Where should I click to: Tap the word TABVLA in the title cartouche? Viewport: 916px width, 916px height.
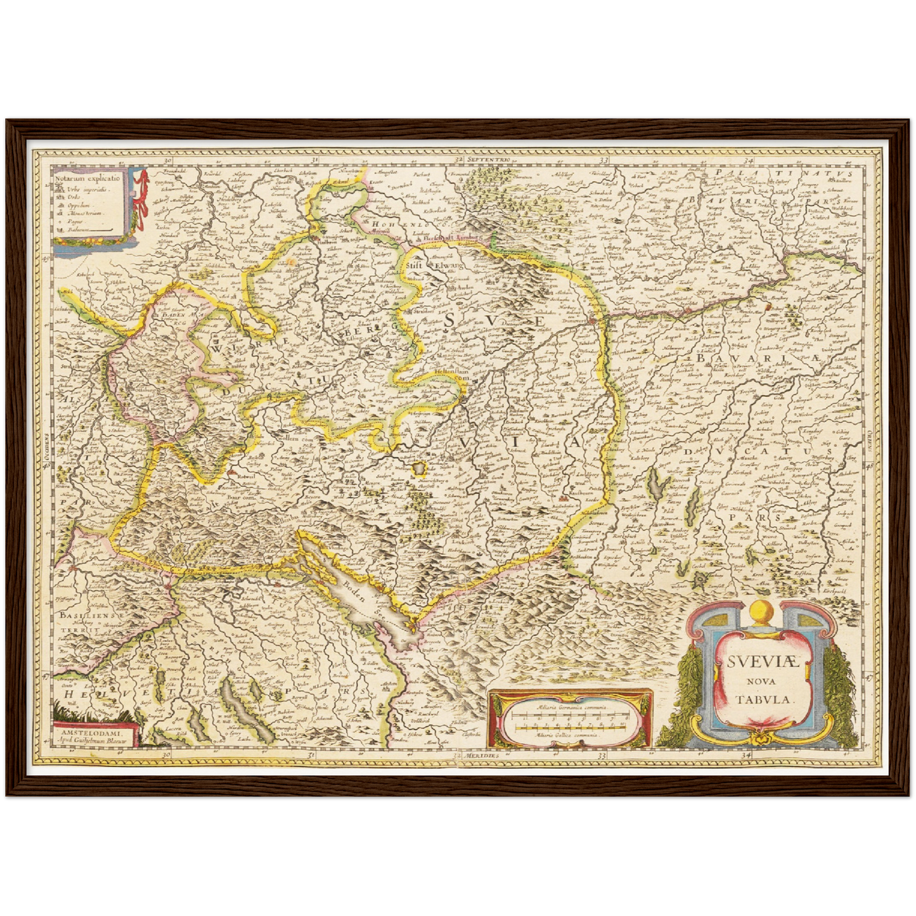tap(764, 700)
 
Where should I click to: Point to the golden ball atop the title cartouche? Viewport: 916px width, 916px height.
tap(760, 612)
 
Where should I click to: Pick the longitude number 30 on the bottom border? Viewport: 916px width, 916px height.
tap(166, 756)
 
